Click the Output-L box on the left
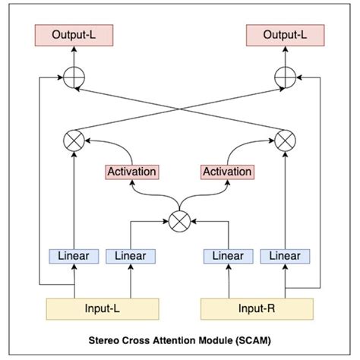(x=73, y=35)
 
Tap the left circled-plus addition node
(x=73, y=77)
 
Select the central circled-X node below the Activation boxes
(x=180, y=220)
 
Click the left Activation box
(x=131, y=172)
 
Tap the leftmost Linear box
(x=74, y=257)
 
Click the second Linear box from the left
(x=130, y=257)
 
